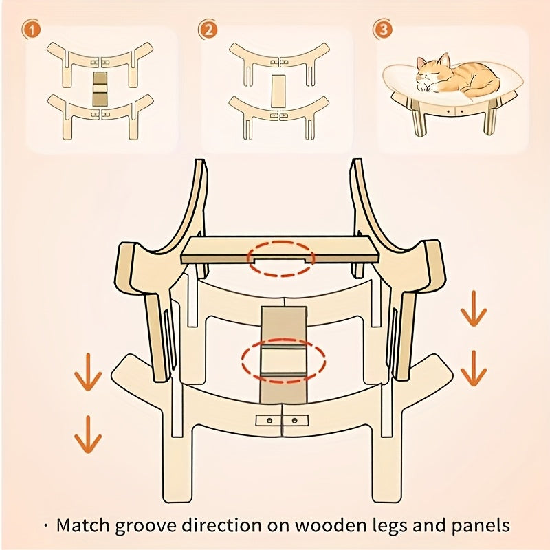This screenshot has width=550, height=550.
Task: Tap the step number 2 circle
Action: tap(208, 30)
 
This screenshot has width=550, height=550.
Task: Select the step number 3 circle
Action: tap(382, 30)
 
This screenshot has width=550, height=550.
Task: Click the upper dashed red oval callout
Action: tap(282, 258)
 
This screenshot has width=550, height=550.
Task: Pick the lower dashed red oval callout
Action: tap(283, 360)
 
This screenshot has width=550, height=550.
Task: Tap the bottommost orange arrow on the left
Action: tap(88, 434)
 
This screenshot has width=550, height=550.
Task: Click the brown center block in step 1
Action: tap(101, 87)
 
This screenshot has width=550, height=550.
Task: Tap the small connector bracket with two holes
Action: tap(282, 420)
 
